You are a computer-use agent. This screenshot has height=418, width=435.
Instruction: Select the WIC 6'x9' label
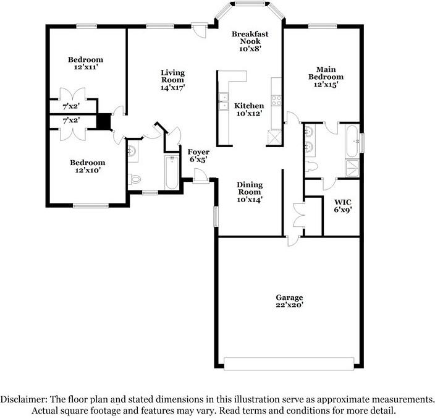[x=342, y=206]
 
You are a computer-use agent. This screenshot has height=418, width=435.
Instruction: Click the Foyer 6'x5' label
[x=198, y=155]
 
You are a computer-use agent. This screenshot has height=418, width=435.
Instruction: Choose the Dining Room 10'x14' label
[x=250, y=192]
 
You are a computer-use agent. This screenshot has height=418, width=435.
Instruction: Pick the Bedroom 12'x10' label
[x=85, y=166]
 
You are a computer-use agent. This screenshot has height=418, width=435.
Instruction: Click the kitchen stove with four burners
[x=276, y=98]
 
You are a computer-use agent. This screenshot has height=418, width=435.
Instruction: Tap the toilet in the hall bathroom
[x=135, y=179]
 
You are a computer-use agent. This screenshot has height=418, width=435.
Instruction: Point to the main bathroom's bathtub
[x=352, y=140]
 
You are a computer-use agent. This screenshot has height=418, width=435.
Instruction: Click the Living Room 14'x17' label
[x=173, y=79]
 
